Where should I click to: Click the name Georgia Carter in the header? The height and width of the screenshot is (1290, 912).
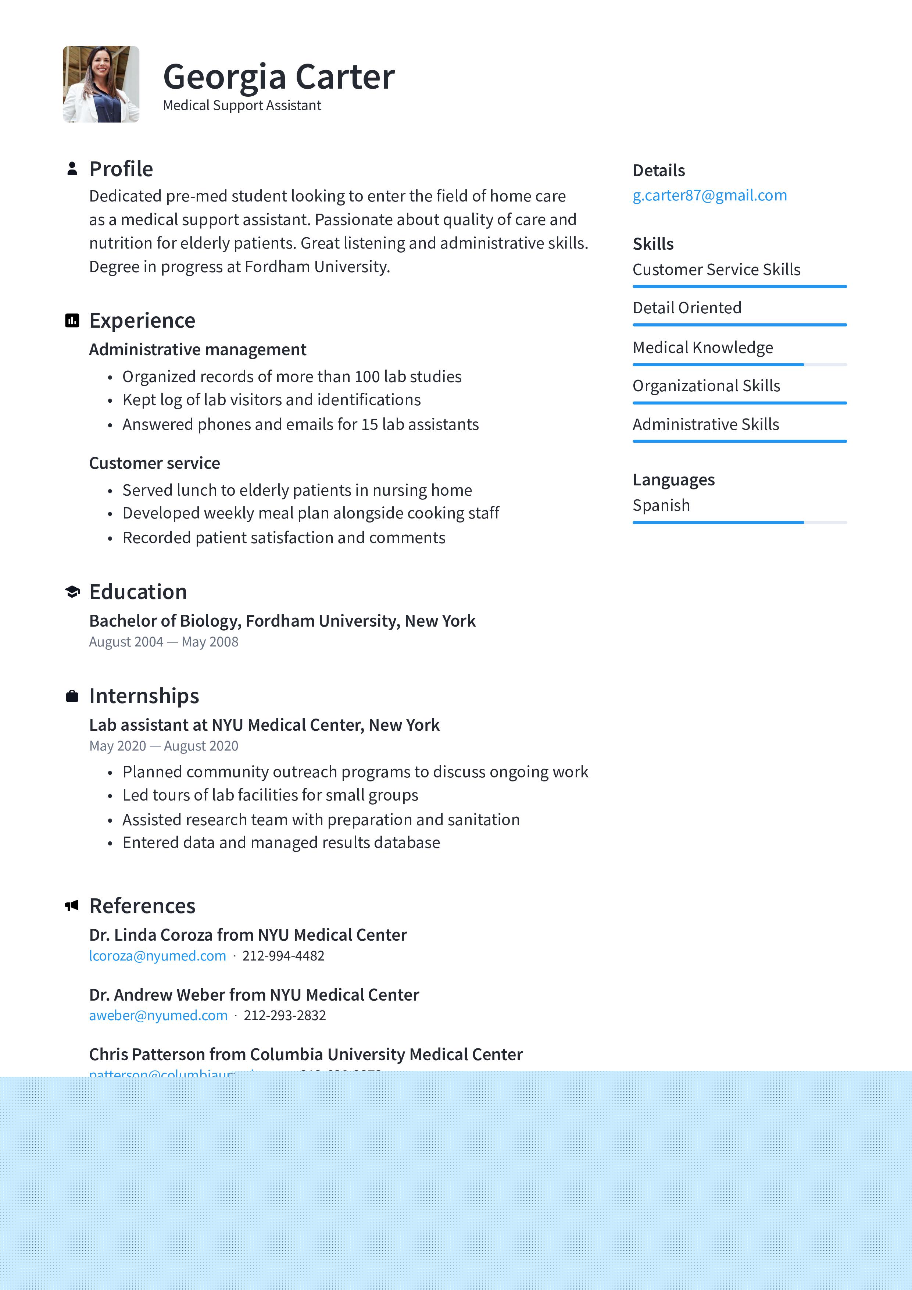click(x=279, y=76)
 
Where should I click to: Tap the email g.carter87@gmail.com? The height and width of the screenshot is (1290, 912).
click(x=709, y=196)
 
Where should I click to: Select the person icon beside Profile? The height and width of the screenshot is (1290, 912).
click(x=72, y=168)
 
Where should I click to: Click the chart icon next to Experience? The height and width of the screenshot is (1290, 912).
click(x=72, y=321)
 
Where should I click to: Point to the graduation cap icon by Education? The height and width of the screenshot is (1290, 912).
click(x=72, y=592)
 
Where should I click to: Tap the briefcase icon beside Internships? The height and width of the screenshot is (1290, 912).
click(x=72, y=696)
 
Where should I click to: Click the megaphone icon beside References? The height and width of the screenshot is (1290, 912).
click(x=71, y=906)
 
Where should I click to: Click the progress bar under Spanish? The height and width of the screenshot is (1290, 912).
click(x=739, y=523)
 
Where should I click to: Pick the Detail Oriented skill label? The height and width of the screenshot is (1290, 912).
click(x=687, y=308)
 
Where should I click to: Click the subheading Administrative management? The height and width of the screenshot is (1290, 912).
click(x=198, y=349)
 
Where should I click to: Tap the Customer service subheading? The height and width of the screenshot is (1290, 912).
click(x=154, y=463)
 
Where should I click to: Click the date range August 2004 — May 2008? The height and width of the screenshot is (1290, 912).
click(x=164, y=642)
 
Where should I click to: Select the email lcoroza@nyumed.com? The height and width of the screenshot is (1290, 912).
click(x=157, y=956)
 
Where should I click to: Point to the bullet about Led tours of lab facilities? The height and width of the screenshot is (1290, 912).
click(x=270, y=795)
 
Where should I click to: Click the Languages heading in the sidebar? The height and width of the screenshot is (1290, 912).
click(x=673, y=480)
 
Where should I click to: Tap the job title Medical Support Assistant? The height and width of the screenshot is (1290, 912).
click(x=242, y=106)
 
